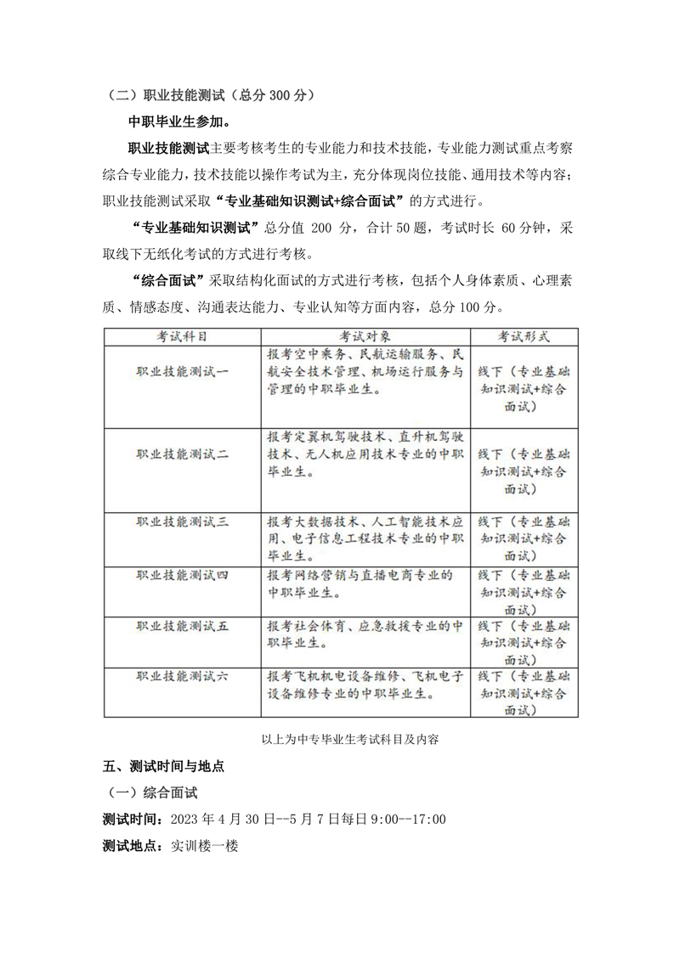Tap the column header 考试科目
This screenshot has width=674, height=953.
coord(182,336)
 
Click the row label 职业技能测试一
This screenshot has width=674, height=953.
coord(183,371)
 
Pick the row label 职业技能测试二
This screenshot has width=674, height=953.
coord(183,454)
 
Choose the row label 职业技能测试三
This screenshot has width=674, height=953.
coord(183,522)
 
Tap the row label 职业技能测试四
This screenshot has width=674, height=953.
coord(183,574)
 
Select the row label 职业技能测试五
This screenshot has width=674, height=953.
coord(183,626)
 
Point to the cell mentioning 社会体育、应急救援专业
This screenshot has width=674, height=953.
coord(364,635)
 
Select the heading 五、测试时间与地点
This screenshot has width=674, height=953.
coord(163,766)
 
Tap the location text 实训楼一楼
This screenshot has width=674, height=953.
coord(204,847)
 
